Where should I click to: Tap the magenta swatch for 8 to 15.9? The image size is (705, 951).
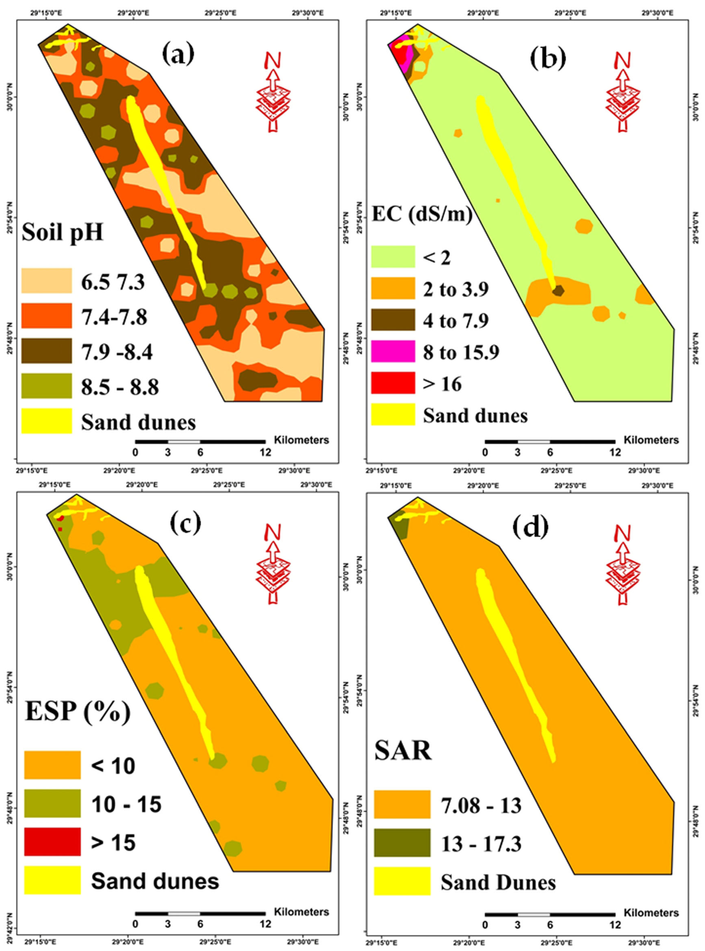tap(393, 351)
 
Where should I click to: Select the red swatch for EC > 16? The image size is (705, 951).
tap(393, 383)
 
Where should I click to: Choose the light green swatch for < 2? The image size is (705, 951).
tap(393, 257)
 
